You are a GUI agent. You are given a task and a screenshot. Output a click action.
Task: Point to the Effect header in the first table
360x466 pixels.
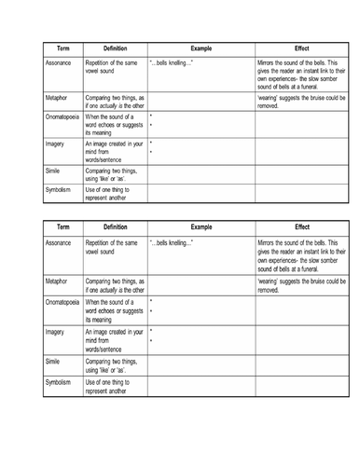coord(301,47)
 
